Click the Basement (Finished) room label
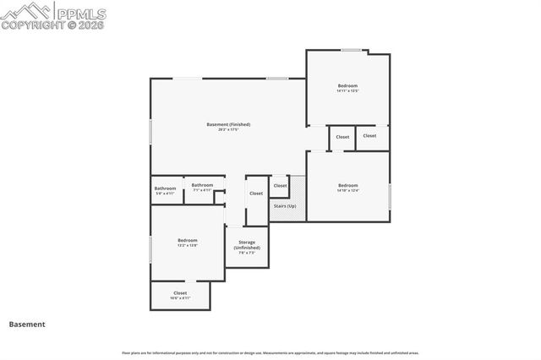(228, 124)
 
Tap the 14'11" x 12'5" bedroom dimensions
(348, 90)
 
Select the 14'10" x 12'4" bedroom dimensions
(348, 190)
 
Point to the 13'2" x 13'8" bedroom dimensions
(188, 245)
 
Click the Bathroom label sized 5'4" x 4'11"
(165, 194)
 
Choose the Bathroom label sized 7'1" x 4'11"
(202, 190)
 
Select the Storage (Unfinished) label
(247, 244)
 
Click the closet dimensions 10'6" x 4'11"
(180, 298)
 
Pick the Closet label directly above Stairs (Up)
(280, 186)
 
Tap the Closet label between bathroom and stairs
(256, 194)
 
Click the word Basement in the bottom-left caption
(27, 324)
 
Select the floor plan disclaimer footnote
(270, 352)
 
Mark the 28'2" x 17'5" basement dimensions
(228, 129)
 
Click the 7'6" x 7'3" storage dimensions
(247, 253)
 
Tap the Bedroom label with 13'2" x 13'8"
(188, 240)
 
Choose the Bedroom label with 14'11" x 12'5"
(348, 85)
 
